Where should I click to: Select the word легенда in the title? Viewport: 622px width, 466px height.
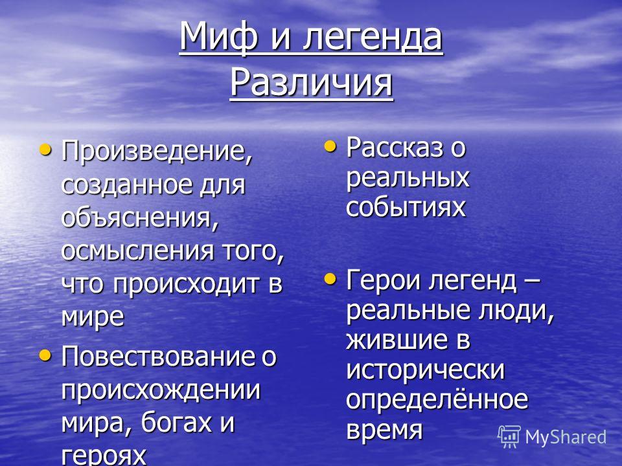[x=373, y=38]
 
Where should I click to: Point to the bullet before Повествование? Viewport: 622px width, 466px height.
[x=45, y=355]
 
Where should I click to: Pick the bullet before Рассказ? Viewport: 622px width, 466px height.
[x=330, y=146]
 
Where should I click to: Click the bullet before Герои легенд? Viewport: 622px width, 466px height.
[x=330, y=278]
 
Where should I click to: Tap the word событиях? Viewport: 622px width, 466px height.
[x=406, y=207]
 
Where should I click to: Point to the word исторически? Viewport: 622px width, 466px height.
[x=425, y=370]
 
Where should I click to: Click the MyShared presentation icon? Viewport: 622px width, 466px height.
[x=509, y=436]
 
